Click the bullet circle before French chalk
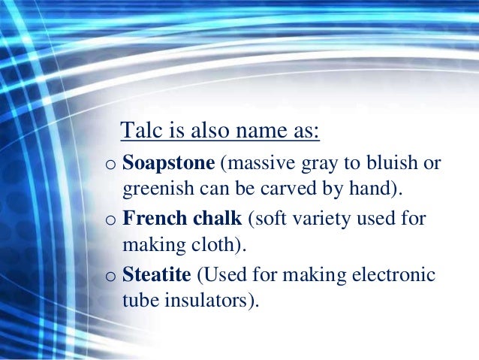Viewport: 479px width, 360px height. [x=110, y=221]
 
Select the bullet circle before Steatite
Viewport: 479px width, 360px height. [x=110, y=277]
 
